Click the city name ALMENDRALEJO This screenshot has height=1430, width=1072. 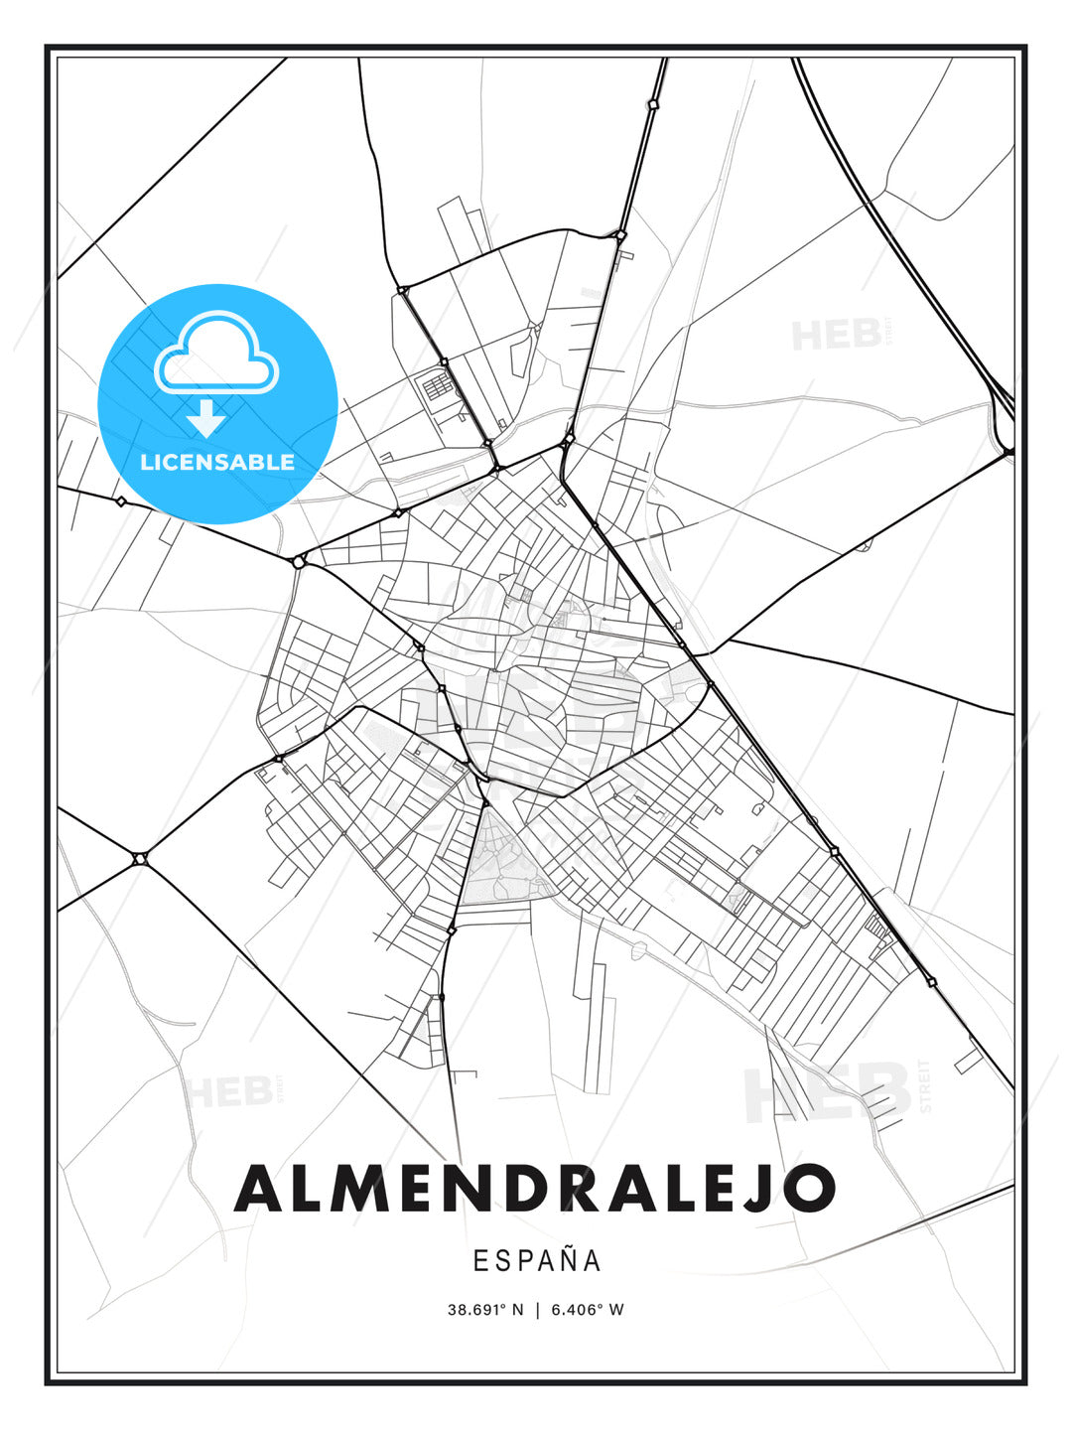coord(535,1188)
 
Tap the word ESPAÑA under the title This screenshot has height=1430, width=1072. coord(537,1260)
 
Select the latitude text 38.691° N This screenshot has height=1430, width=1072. coord(485,1310)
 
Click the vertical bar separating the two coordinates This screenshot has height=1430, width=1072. coord(537,1310)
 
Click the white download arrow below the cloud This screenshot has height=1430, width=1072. coord(206,419)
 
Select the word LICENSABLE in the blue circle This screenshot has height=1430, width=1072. coord(217,462)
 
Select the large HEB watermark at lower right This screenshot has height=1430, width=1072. coord(829,1092)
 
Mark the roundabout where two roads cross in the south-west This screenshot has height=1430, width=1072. coord(140,858)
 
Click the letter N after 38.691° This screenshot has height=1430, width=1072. coord(517,1310)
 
